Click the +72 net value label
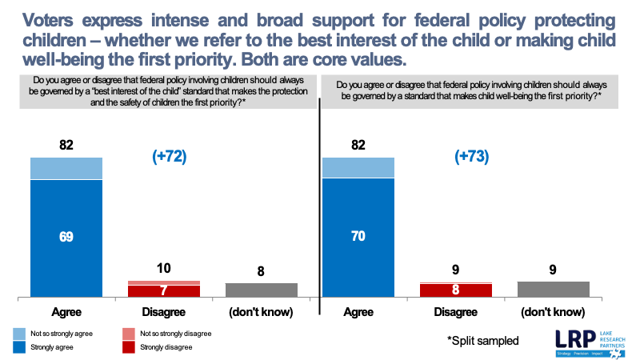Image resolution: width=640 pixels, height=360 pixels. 169,157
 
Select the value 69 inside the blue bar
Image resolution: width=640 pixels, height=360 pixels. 66,238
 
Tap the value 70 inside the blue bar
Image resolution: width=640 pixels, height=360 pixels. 358,237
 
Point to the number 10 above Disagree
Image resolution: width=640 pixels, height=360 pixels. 164,269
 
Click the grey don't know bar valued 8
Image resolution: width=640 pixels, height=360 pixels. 261,290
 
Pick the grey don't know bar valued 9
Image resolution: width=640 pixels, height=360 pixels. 552,289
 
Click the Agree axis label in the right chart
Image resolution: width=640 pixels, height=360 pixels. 358,311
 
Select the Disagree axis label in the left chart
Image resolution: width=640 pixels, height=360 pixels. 163,311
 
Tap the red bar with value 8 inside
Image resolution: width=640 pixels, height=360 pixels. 455,290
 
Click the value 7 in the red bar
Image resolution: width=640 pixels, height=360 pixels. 164,290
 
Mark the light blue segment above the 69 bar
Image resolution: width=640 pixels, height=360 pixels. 66,169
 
